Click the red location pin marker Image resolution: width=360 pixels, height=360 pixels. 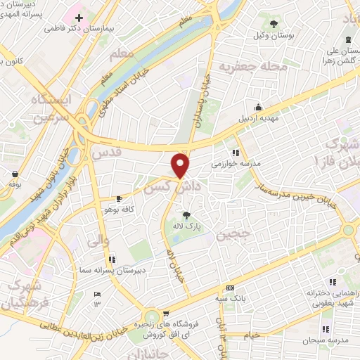181,165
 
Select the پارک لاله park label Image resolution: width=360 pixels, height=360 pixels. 188,227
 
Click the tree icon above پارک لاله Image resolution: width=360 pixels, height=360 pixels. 187,215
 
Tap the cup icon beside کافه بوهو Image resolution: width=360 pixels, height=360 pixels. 119,198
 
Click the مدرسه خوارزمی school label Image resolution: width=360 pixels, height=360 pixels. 236,163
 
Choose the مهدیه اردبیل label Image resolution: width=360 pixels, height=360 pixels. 259,118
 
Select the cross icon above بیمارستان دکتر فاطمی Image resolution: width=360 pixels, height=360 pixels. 79,17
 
